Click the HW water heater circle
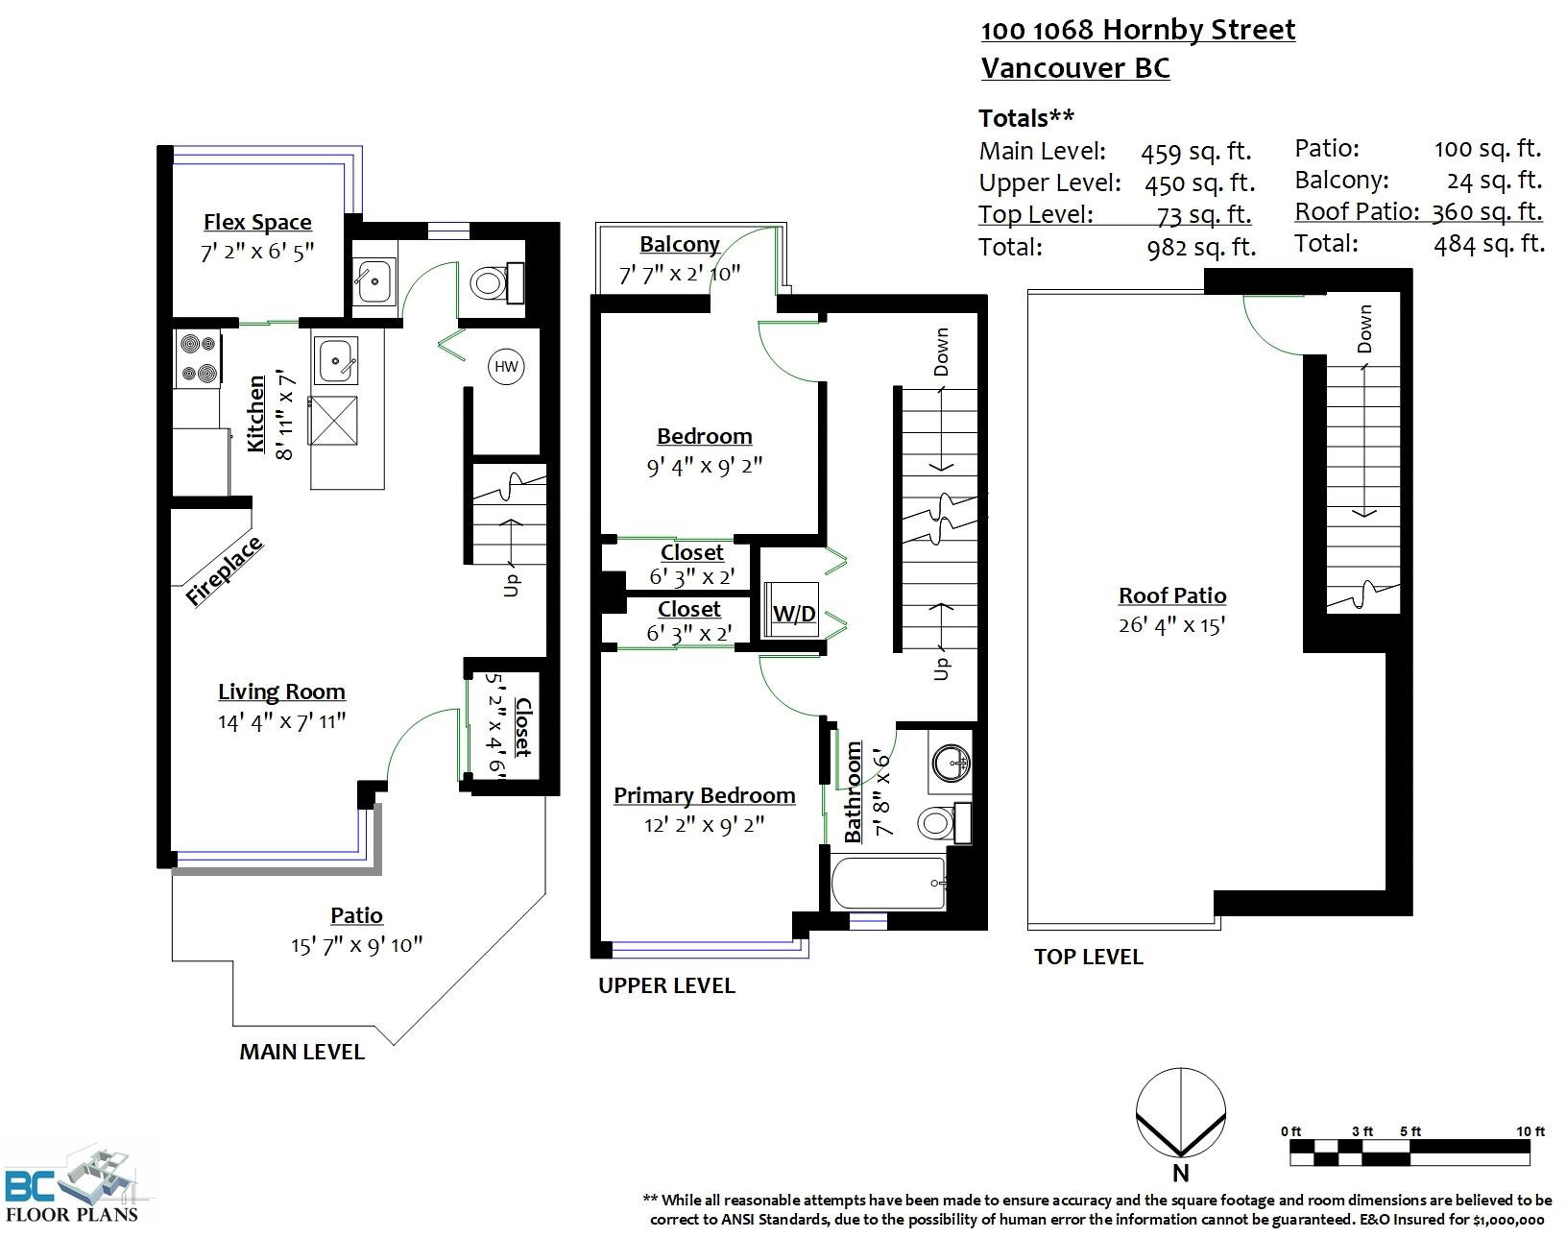(x=506, y=366)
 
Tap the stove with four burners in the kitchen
(x=198, y=358)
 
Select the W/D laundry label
(x=794, y=614)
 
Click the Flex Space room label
(x=257, y=222)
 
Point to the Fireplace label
(x=224, y=570)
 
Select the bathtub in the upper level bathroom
(x=888, y=883)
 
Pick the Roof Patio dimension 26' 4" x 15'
(x=1171, y=625)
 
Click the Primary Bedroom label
(x=704, y=795)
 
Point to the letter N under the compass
(x=1180, y=1174)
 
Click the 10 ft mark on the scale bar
(x=1530, y=1131)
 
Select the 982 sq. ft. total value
(x=1201, y=248)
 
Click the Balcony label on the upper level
(x=680, y=244)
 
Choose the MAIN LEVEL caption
(x=302, y=1053)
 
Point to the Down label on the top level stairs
(x=1364, y=329)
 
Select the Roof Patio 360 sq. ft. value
(x=1487, y=212)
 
